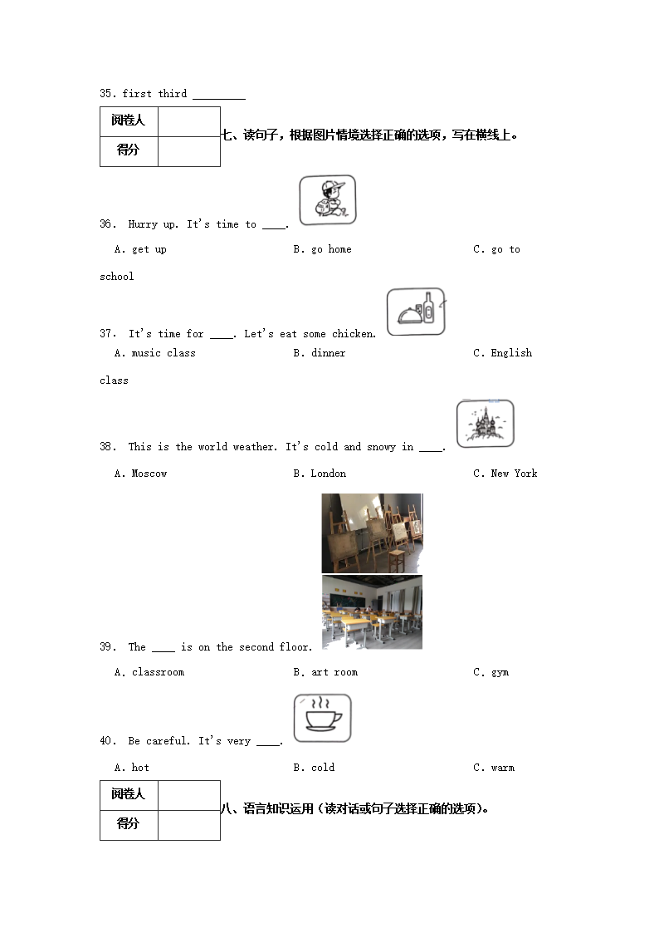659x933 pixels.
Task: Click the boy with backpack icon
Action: (x=327, y=200)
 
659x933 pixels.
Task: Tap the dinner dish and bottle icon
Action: (x=416, y=312)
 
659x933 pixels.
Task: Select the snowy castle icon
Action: (x=485, y=424)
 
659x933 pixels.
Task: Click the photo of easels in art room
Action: (x=372, y=533)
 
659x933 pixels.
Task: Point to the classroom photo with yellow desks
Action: (x=372, y=611)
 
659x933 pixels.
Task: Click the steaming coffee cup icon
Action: (x=322, y=718)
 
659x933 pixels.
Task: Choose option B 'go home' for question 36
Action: (x=322, y=249)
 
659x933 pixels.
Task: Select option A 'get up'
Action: (x=140, y=249)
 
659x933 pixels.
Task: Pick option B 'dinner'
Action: (x=319, y=353)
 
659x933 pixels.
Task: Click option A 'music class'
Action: (x=154, y=353)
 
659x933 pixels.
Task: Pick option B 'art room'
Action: (x=325, y=672)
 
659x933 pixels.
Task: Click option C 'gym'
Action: (x=491, y=672)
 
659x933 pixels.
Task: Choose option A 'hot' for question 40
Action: (x=131, y=768)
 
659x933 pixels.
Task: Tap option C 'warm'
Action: (x=494, y=768)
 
